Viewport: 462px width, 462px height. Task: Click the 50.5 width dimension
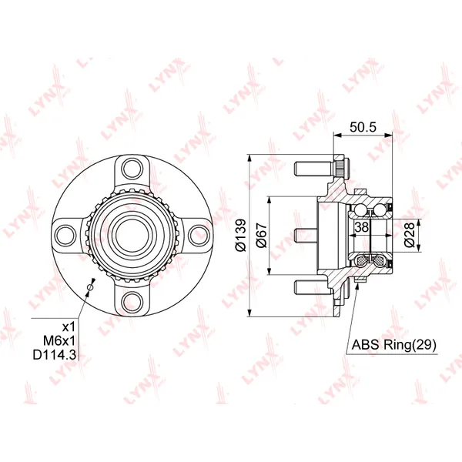[363, 127]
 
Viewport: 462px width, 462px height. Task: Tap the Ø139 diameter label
[241, 236]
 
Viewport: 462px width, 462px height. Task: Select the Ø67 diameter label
[261, 236]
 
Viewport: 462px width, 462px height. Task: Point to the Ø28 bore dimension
[410, 236]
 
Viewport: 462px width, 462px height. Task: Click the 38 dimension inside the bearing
[362, 227]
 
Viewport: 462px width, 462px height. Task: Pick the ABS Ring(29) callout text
[394, 344]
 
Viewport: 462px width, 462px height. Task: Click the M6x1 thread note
[59, 341]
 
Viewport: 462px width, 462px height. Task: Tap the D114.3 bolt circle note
[55, 355]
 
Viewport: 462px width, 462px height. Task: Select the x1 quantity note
[69, 326]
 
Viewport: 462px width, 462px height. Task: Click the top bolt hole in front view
[132, 168]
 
